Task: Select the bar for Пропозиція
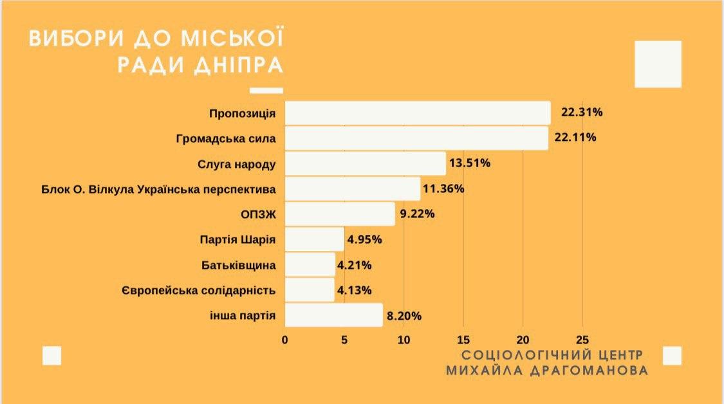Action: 417,113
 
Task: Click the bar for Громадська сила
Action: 416,138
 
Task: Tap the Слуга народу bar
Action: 365,163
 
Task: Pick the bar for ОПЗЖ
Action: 339,214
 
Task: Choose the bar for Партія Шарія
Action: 314,239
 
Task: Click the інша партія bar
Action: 333,315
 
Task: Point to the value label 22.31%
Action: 582,113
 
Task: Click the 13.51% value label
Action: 470,163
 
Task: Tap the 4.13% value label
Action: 354,290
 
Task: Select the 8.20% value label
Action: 403,316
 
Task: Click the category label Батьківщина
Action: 238,265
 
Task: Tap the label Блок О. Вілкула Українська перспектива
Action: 158,189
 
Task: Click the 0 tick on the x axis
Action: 284,340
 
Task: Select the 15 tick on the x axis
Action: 463,340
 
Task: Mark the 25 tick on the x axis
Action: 582,340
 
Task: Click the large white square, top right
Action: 658,64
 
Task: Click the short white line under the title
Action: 266,91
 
